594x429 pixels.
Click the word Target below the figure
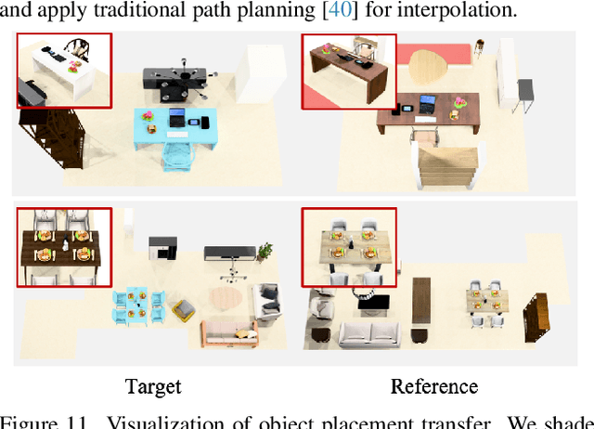click(x=154, y=385)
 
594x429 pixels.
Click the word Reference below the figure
click(x=433, y=385)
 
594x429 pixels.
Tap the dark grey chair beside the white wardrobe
click(x=526, y=92)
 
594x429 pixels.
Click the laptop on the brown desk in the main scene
click(x=425, y=104)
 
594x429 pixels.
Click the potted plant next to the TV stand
click(x=267, y=252)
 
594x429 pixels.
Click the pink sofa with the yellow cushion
click(x=229, y=330)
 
